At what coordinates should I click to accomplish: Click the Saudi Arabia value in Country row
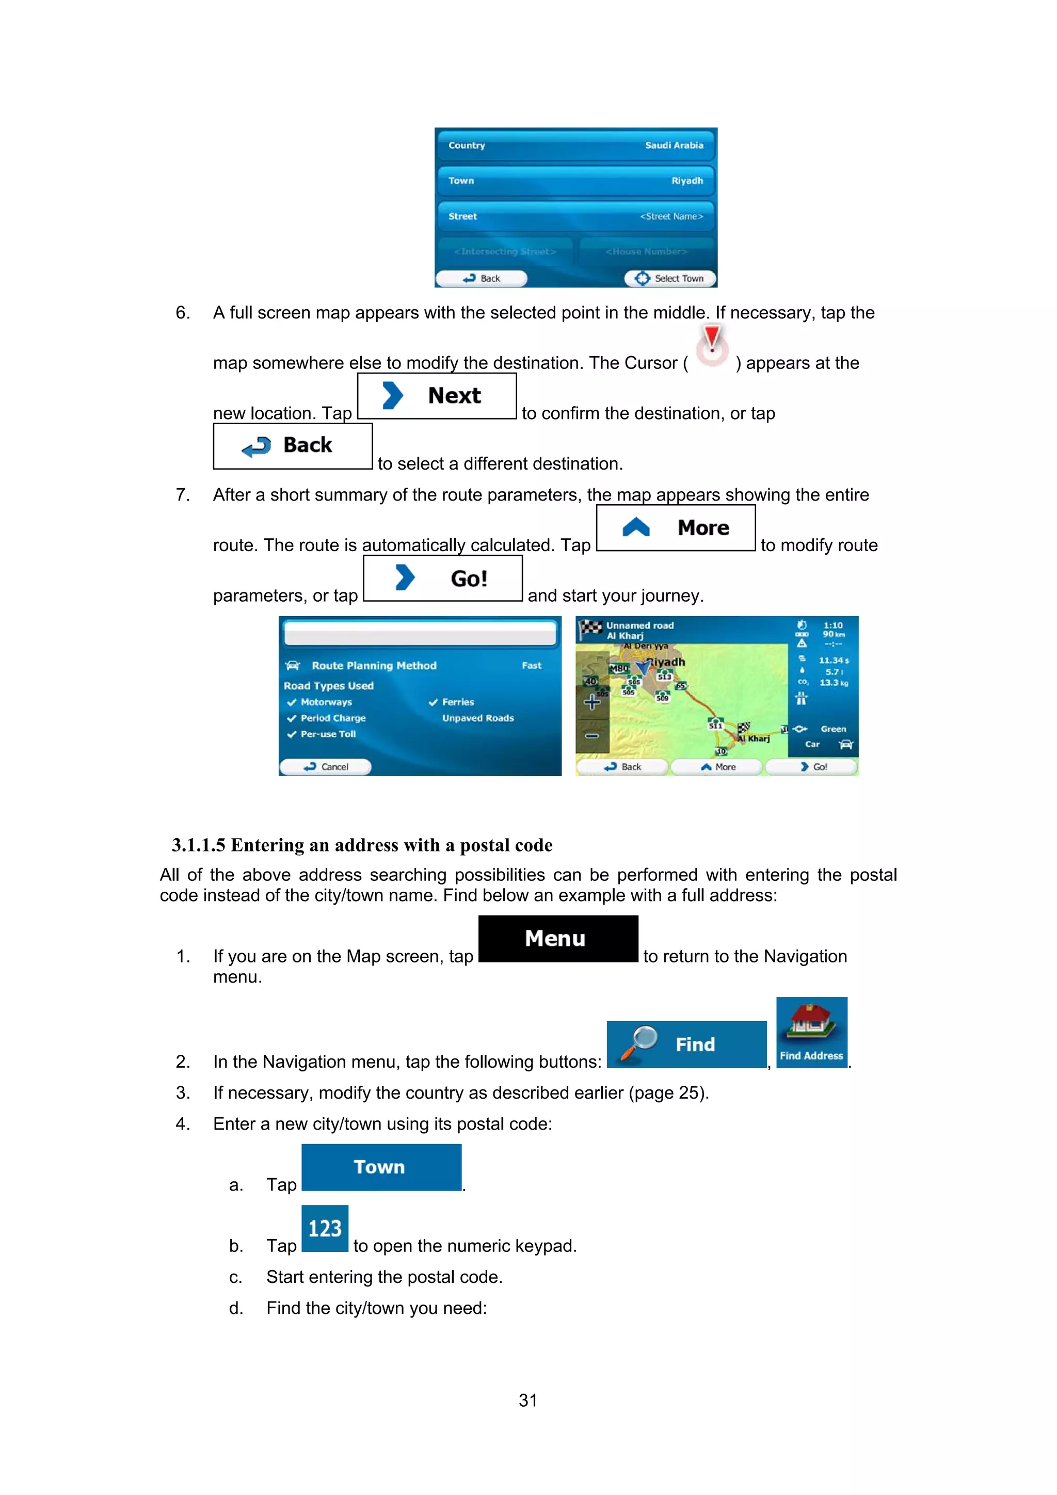674,145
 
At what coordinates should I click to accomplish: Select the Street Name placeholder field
671,216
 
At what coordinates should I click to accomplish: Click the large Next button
437,396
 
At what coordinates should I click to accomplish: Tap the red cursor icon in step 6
712,345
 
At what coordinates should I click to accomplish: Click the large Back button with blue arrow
293,446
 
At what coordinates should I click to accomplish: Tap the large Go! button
442,578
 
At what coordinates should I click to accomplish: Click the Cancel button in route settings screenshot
326,766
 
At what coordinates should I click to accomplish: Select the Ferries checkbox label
457,702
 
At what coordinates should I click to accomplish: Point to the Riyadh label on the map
667,662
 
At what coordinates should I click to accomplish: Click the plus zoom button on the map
592,702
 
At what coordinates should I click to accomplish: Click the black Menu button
557,938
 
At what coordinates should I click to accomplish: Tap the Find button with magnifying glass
686,1044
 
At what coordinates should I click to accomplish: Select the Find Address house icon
811,1032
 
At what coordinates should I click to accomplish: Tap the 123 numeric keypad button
324,1229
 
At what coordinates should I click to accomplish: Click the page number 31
527,1400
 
